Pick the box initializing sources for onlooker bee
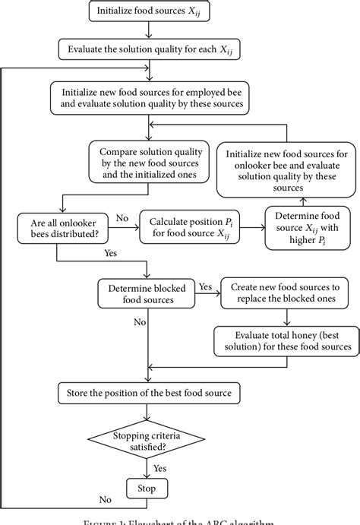[286, 169]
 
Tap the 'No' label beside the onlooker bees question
[122, 218]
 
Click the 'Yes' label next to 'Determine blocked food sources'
[206, 287]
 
